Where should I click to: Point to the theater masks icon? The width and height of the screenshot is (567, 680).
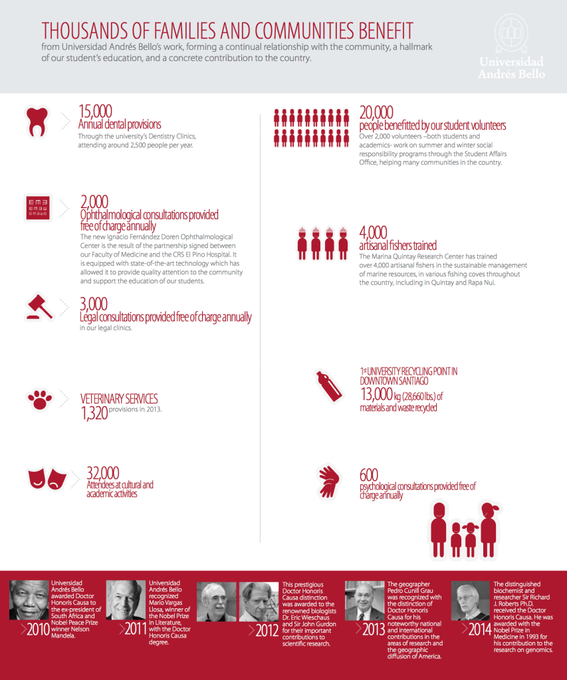[46, 478]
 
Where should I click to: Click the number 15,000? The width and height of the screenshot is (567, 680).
[95, 112]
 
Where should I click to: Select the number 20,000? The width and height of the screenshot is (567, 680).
[376, 112]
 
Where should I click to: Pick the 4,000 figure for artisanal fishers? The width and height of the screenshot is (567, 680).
[373, 233]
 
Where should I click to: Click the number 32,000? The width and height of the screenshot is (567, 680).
[103, 473]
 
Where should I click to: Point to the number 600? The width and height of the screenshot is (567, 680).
[369, 475]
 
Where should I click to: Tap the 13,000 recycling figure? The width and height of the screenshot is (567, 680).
[376, 395]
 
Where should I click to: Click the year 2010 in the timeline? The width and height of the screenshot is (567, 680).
[38, 629]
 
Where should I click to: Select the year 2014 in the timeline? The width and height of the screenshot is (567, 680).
[479, 629]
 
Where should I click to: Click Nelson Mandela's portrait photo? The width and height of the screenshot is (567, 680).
[29, 601]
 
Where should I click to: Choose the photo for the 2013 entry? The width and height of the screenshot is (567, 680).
[364, 601]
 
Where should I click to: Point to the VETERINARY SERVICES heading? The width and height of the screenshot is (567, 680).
[119, 399]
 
